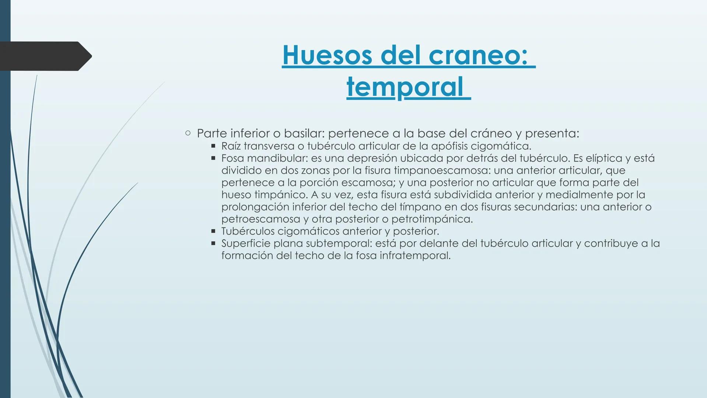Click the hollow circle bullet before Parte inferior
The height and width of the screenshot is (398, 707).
188,133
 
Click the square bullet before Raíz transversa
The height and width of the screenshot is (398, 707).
213,146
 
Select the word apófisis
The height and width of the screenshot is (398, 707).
449,146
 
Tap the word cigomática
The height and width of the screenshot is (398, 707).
501,146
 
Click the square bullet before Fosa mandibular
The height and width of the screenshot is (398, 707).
213,158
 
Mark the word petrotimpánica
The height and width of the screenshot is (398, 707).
432,219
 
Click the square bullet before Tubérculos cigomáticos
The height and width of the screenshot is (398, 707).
213,231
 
